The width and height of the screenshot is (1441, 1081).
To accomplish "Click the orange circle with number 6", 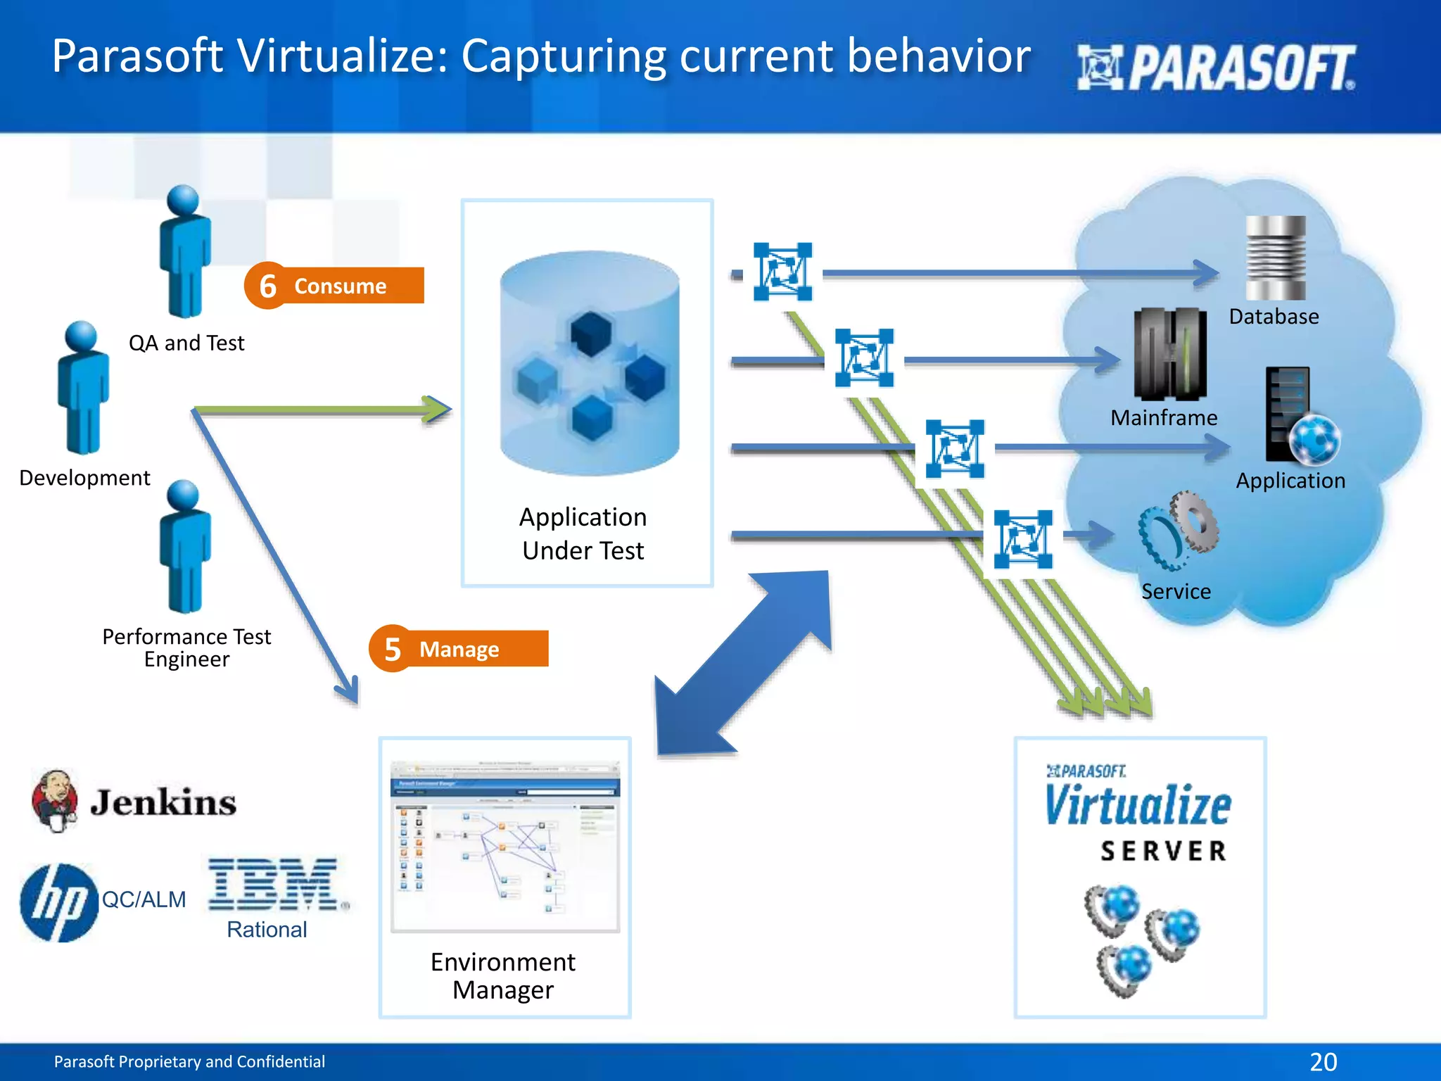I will coord(267,286).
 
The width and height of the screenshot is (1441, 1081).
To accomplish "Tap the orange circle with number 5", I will coord(392,649).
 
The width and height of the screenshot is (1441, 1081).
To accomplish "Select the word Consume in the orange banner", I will coord(341,286).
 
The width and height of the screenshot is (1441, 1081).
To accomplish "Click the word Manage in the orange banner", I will coord(459,649).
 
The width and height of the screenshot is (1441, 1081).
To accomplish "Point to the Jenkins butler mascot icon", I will coord(55,801).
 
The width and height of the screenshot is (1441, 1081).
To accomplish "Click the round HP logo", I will coord(58,902).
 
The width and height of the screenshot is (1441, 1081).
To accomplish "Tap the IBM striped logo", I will coord(273,885).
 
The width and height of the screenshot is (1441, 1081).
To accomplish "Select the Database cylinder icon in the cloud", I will coord(1275,258).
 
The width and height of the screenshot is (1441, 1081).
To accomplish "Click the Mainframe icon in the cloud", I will coord(1169,354).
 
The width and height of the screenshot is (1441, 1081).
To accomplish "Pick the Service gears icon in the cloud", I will coord(1178,531).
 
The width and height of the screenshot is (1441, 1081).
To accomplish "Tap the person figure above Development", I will coord(83,387).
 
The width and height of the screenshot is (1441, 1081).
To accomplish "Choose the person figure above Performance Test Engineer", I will coord(185,546).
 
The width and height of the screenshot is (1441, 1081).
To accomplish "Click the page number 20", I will coord(1323,1061).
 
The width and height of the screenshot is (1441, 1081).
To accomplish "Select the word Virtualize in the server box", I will coord(1138,806).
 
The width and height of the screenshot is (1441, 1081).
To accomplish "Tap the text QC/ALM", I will coord(144,899).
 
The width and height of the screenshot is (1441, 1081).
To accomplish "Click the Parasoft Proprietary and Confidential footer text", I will coord(189,1061).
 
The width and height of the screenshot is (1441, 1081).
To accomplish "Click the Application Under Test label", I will coord(583,533).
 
